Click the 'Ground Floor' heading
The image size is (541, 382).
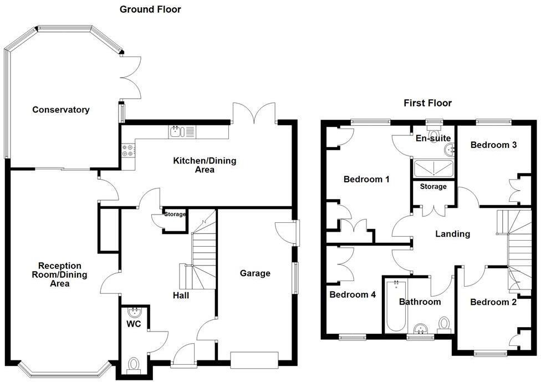click(x=150, y=9)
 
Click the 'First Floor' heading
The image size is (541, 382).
click(x=427, y=103)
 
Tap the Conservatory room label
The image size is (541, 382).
click(x=60, y=110)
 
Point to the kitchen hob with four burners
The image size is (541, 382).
click(x=126, y=150)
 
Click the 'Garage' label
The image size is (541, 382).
click(x=255, y=273)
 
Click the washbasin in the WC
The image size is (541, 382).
click(x=134, y=312)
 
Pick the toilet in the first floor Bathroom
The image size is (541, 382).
click(x=445, y=324)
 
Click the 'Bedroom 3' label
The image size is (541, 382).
click(x=493, y=145)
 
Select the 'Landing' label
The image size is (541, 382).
click(x=452, y=234)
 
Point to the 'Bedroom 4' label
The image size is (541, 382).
click(x=353, y=295)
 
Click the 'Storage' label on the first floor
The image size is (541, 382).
click(x=433, y=187)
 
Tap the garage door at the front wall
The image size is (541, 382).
click(x=254, y=360)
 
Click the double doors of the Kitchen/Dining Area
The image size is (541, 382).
click(x=254, y=113)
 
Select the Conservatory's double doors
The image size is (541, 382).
click(x=130, y=78)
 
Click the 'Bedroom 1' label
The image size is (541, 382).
click(x=366, y=180)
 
